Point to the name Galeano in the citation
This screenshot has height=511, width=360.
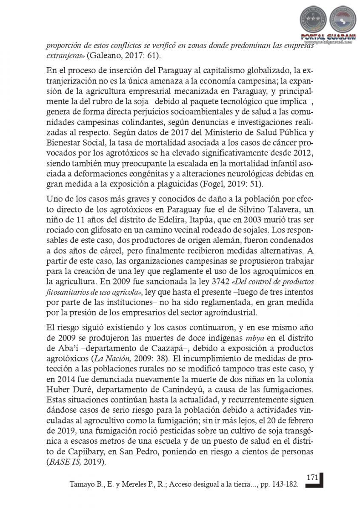point(105,56)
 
